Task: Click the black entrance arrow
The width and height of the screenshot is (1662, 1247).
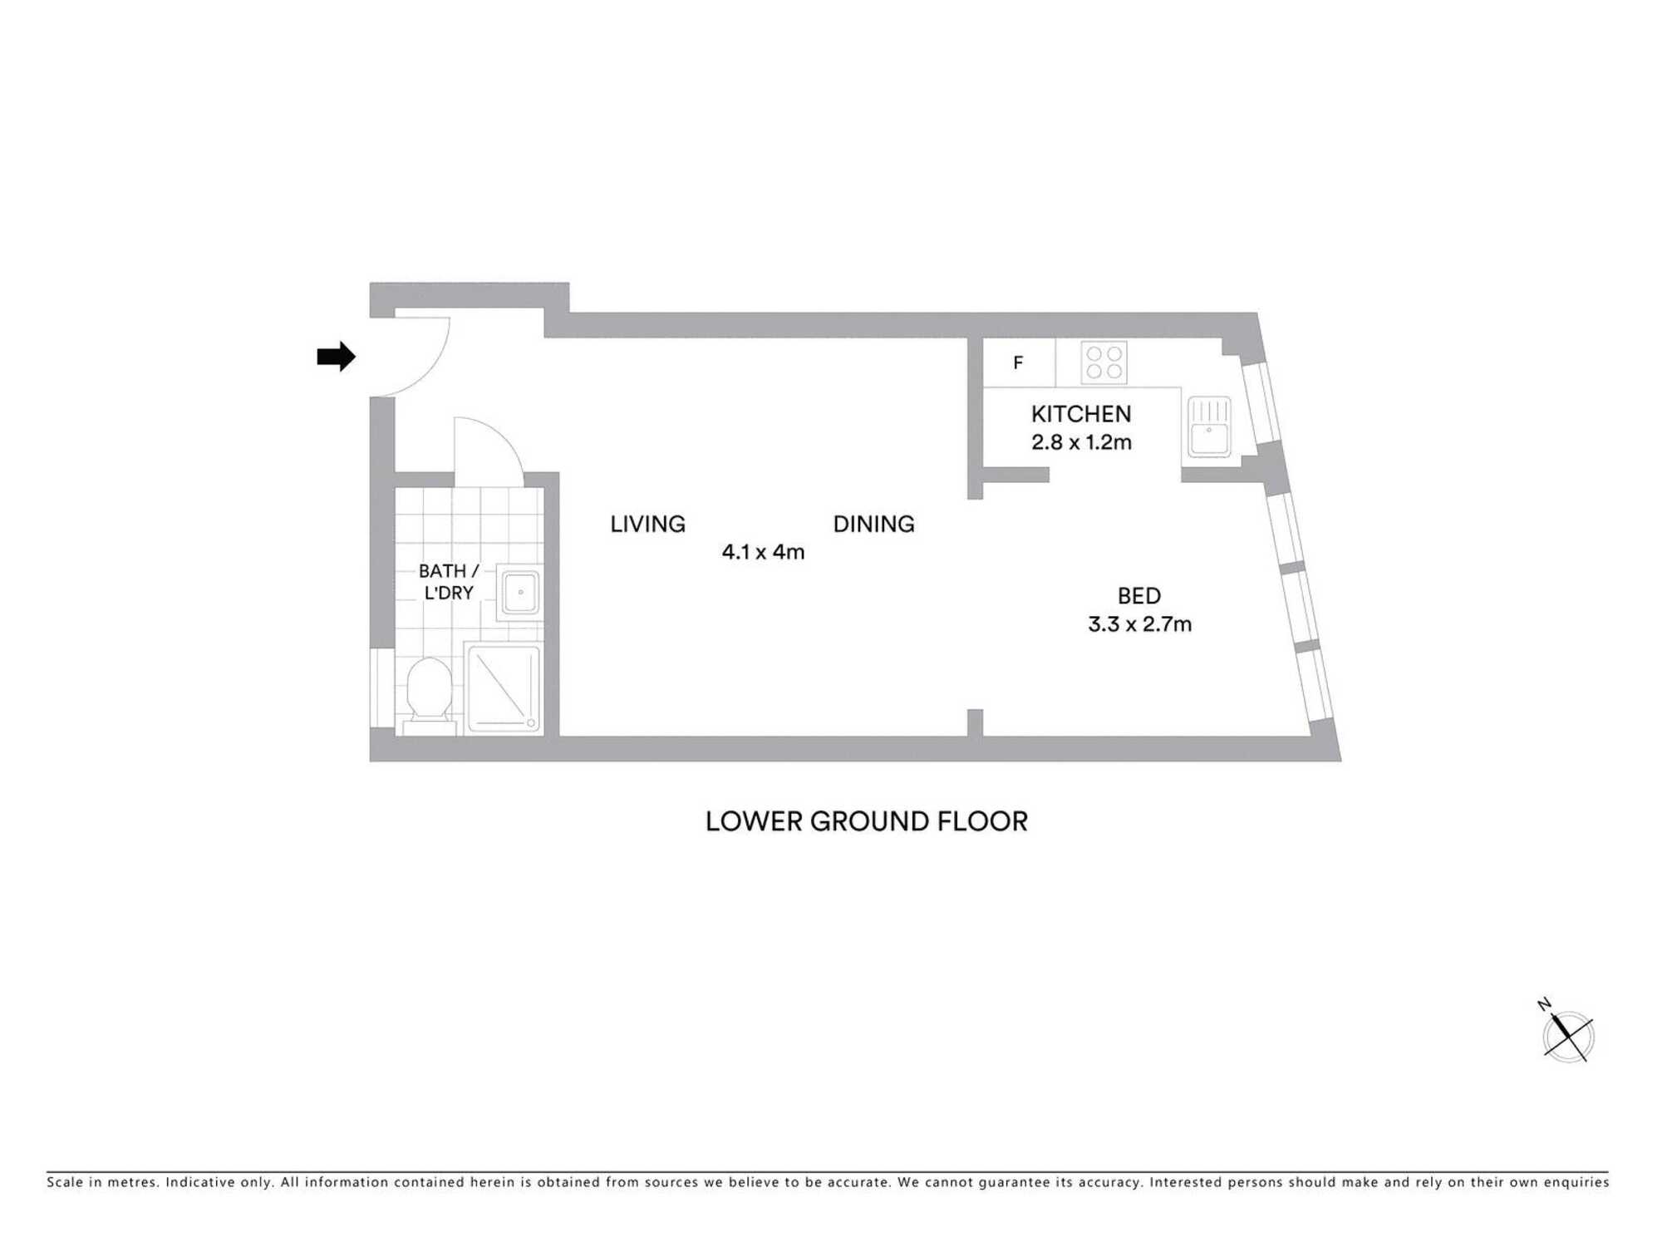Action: [336, 357]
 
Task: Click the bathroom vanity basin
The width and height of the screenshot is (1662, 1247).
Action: [520, 592]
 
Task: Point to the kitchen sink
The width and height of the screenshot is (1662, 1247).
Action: [1209, 426]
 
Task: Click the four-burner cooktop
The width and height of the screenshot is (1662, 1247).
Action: [1104, 362]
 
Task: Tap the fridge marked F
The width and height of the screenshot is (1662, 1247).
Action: [1019, 362]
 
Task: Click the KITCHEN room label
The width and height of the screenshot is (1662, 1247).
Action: [1081, 414]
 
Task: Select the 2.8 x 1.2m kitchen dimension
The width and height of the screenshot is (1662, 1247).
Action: [1081, 442]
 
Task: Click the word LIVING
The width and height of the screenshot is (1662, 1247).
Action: [647, 524]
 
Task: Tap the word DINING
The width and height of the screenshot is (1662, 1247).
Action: [873, 524]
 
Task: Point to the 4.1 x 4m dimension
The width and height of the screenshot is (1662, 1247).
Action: [763, 552]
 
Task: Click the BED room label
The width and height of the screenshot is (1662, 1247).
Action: [1138, 596]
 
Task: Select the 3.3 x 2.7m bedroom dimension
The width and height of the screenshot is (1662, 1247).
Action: [1139, 624]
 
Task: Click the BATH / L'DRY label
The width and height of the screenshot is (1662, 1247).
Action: [449, 582]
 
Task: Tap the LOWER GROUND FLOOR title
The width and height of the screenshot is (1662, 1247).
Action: [866, 821]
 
